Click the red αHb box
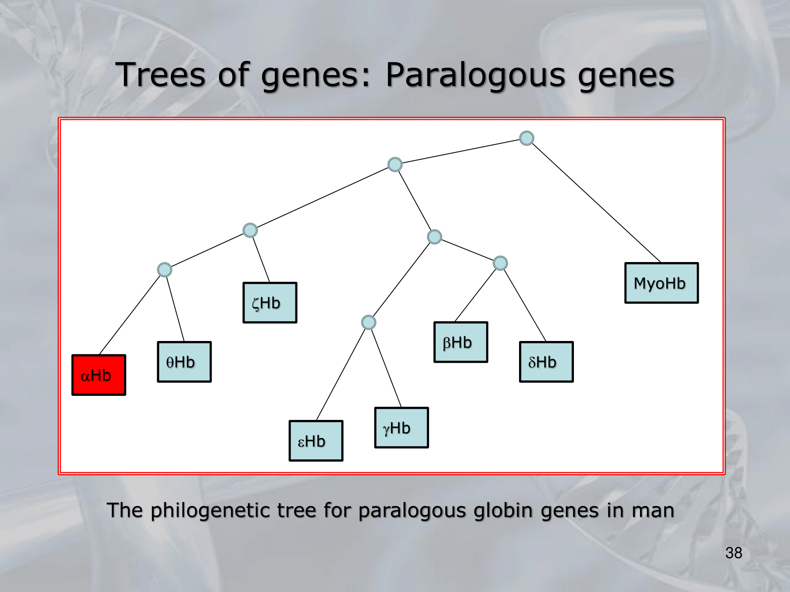click(99, 375)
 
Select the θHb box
click(184, 362)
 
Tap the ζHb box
click(270, 303)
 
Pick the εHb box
click(316, 441)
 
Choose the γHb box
click(402, 428)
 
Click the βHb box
click(461, 342)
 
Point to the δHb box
click(546, 362)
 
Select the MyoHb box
click(662, 283)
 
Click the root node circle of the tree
click(527, 138)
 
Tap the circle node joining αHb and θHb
click(164, 270)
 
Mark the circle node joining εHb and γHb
click(369, 322)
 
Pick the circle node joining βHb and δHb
click(500, 263)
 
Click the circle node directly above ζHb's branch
click(250, 230)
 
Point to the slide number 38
click(734, 553)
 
